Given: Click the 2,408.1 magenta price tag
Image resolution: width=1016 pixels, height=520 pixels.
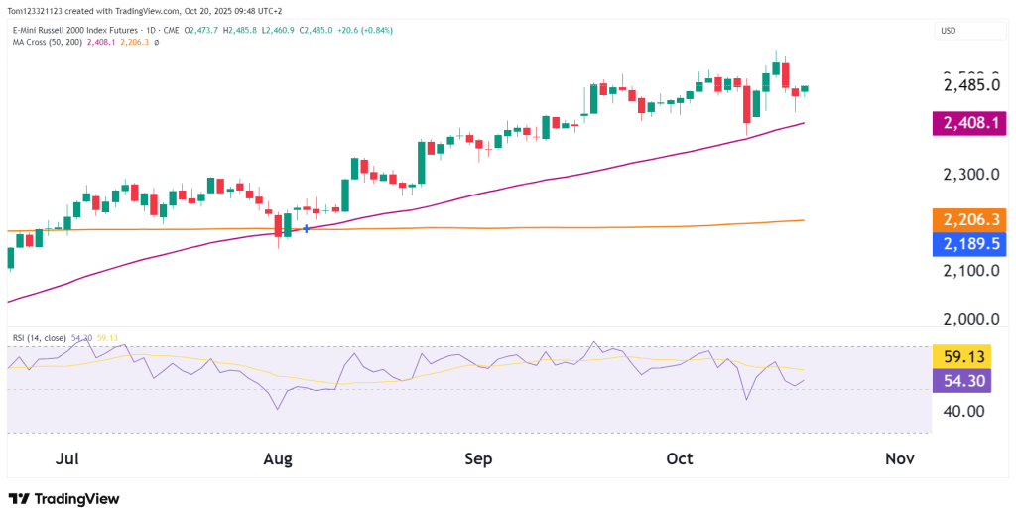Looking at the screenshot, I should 968,125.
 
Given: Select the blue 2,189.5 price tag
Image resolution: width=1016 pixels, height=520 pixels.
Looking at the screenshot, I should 968,244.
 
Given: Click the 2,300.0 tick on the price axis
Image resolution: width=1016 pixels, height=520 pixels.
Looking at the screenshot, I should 968,175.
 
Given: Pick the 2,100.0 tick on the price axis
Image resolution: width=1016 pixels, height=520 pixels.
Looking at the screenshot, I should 968,270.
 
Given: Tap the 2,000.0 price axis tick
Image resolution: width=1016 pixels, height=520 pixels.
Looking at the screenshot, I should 968,319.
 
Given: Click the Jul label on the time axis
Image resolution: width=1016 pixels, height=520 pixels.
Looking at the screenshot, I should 67,459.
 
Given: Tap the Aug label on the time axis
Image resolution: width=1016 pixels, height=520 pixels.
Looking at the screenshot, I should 279,459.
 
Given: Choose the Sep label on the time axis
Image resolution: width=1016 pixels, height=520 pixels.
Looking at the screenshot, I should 478,459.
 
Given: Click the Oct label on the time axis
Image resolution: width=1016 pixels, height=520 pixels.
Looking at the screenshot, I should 679,459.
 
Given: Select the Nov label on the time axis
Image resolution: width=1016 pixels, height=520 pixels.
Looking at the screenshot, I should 899,459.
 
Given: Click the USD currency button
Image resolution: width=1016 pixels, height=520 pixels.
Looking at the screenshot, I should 948,31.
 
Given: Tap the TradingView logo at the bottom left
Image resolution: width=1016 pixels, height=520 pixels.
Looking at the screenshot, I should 63,499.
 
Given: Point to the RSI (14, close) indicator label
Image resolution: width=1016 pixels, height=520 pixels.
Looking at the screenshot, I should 39,338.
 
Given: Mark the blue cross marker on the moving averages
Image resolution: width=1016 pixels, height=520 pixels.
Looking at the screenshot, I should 307,229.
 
